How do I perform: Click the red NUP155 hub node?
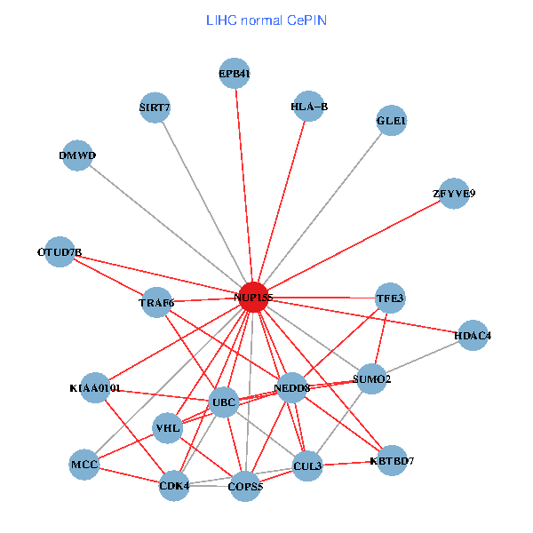tap(254, 297)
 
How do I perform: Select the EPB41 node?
tap(235, 74)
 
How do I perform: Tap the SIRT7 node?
tap(155, 107)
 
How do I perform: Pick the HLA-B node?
tap(309, 107)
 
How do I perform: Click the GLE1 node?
tap(392, 121)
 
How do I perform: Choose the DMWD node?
tap(77, 156)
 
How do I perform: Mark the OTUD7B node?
tap(60, 252)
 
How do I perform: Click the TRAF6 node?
tap(156, 303)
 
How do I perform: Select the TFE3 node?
tap(390, 298)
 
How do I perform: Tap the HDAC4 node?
tap(473, 336)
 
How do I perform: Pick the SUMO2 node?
tap(371, 379)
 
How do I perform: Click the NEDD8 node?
tap(292, 388)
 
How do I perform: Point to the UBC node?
tap(224, 403)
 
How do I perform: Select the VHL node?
tap(168, 429)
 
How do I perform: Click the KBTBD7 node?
tap(392, 461)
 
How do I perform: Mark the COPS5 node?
tap(245, 486)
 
